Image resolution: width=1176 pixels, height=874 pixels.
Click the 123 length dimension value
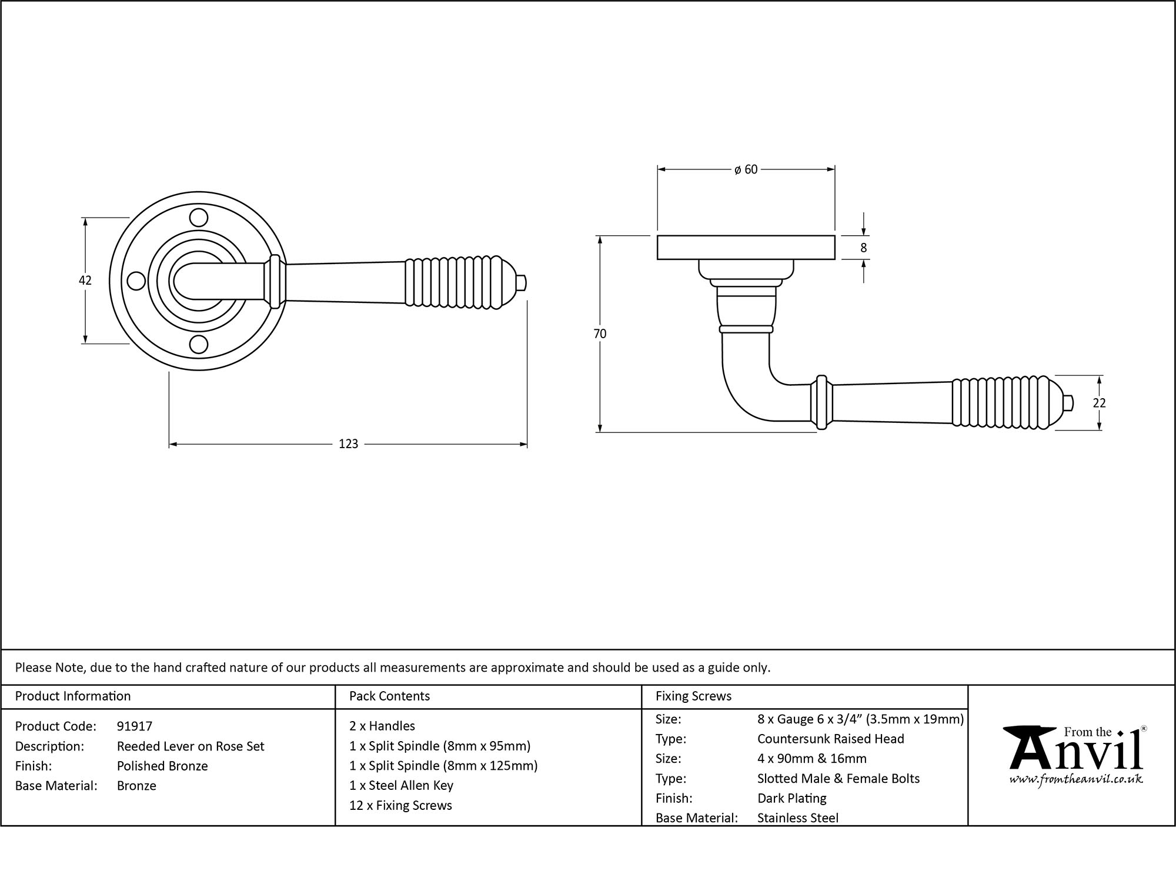click(348, 444)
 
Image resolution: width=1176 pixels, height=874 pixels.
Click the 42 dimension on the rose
click(85, 281)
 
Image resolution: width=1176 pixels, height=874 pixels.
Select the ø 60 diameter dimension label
click(746, 169)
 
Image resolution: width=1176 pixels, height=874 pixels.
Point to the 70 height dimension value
click(599, 333)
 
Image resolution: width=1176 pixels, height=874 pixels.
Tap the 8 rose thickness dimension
click(863, 248)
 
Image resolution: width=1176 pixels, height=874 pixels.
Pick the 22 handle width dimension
click(1099, 403)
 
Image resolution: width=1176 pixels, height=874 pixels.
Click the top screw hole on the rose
click(199, 218)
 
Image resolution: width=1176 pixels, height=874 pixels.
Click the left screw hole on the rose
click(136, 281)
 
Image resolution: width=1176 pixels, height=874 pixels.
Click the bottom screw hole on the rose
click(199, 344)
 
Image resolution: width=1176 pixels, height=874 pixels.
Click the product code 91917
click(135, 726)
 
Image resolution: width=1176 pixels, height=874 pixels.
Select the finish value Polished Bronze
click(162, 766)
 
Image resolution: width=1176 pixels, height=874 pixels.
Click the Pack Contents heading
click(389, 696)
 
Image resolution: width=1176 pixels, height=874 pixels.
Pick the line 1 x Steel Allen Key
click(401, 785)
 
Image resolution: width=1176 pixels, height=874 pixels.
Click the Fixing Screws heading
click(693, 696)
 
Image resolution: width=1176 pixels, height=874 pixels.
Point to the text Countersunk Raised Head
click(830, 739)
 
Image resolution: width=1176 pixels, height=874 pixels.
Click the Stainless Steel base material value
click(797, 818)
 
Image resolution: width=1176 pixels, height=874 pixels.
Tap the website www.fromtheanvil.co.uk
click(1076, 779)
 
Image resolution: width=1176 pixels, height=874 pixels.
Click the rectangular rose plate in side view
click(746, 248)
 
